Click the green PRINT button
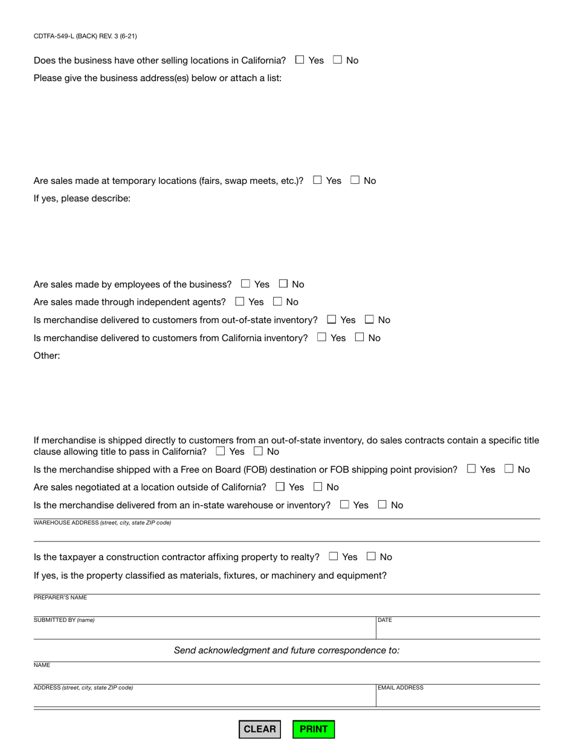(x=314, y=729)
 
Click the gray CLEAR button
(x=259, y=729)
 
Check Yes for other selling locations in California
(x=300, y=60)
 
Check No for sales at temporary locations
(x=355, y=180)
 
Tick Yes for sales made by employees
(x=245, y=284)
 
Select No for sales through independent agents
(x=277, y=301)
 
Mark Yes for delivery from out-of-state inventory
(x=332, y=319)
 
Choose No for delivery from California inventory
(x=360, y=338)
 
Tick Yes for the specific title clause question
(x=221, y=451)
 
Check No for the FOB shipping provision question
(x=509, y=469)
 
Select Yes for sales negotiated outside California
(x=280, y=486)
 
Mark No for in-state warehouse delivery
(x=382, y=504)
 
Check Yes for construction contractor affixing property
(x=334, y=556)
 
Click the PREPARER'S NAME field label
(x=60, y=598)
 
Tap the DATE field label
(x=385, y=620)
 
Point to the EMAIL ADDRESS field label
(x=401, y=688)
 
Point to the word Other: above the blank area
(x=47, y=356)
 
